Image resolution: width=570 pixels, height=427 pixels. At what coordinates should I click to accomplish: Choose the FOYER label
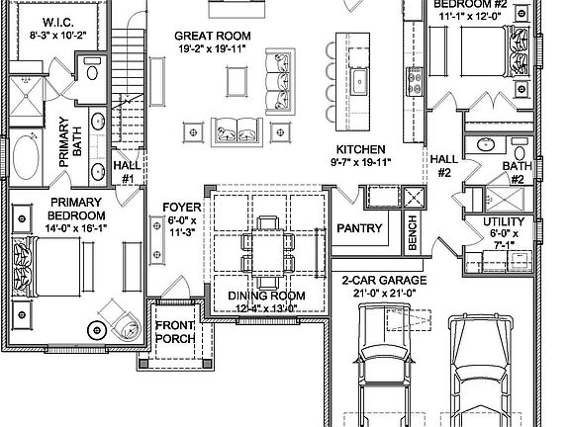181,208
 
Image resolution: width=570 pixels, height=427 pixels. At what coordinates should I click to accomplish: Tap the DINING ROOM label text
266,296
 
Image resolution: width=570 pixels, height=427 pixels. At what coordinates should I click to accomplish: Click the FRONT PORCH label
175,331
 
